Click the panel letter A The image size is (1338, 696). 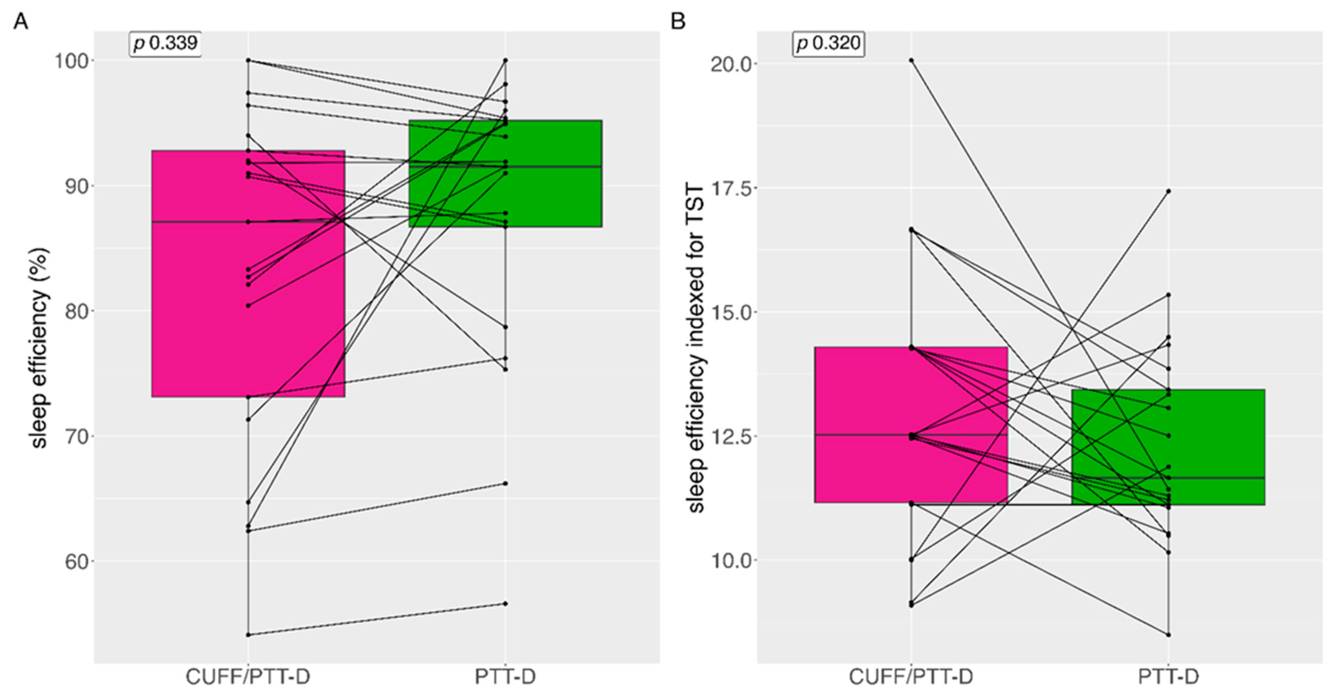point(20,22)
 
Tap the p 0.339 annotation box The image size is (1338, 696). point(165,43)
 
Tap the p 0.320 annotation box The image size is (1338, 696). point(829,43)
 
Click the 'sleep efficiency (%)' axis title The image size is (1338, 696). point(40,348)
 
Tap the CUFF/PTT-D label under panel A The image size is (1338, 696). point(248,677)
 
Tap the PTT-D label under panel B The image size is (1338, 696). point(1168,677)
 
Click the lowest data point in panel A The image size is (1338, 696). point(248,635)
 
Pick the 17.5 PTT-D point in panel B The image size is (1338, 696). point(1168,192)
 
